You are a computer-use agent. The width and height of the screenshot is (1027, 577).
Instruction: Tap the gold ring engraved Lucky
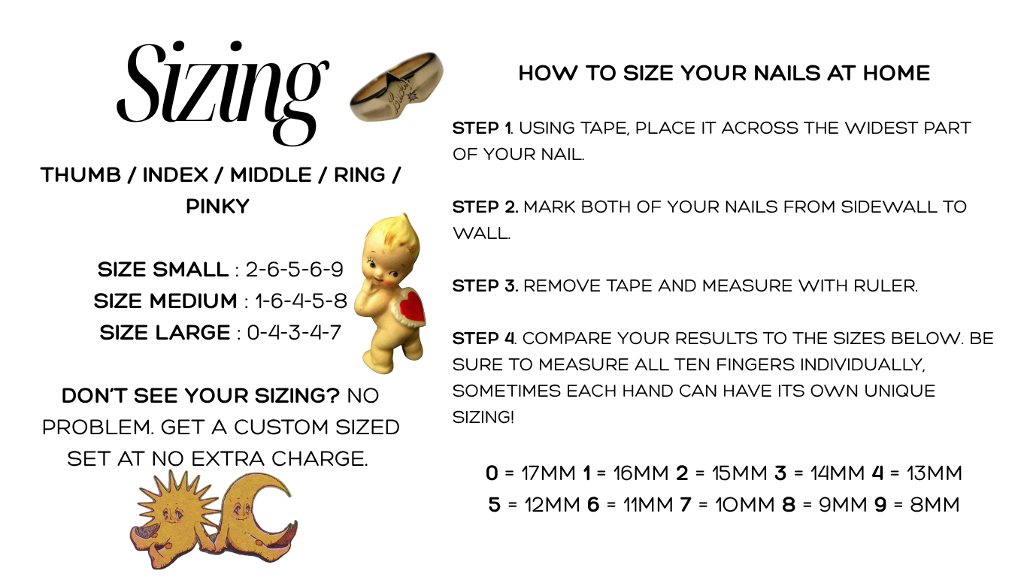tap(396, 86)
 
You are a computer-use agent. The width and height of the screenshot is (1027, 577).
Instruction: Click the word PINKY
tap(218, 207)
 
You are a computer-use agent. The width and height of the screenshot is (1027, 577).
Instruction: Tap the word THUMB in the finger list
tap(80, 174)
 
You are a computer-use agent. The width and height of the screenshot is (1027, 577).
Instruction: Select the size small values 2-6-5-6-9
tap(295, 270)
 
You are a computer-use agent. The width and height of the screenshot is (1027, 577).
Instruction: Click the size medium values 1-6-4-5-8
tap(301, 301)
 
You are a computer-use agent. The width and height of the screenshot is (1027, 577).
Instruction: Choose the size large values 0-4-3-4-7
tap(295, 333)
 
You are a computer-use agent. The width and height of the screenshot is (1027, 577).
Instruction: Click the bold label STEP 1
tap(482, 128)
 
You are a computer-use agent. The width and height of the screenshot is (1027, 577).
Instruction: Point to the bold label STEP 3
tap(485, 286)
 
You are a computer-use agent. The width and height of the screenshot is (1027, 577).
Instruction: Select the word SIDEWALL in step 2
tap(889, 207)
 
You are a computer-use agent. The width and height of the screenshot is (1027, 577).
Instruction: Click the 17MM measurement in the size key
tap(548, 473)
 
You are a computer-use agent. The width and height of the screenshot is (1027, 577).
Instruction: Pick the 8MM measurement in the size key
tap(935, 505)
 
